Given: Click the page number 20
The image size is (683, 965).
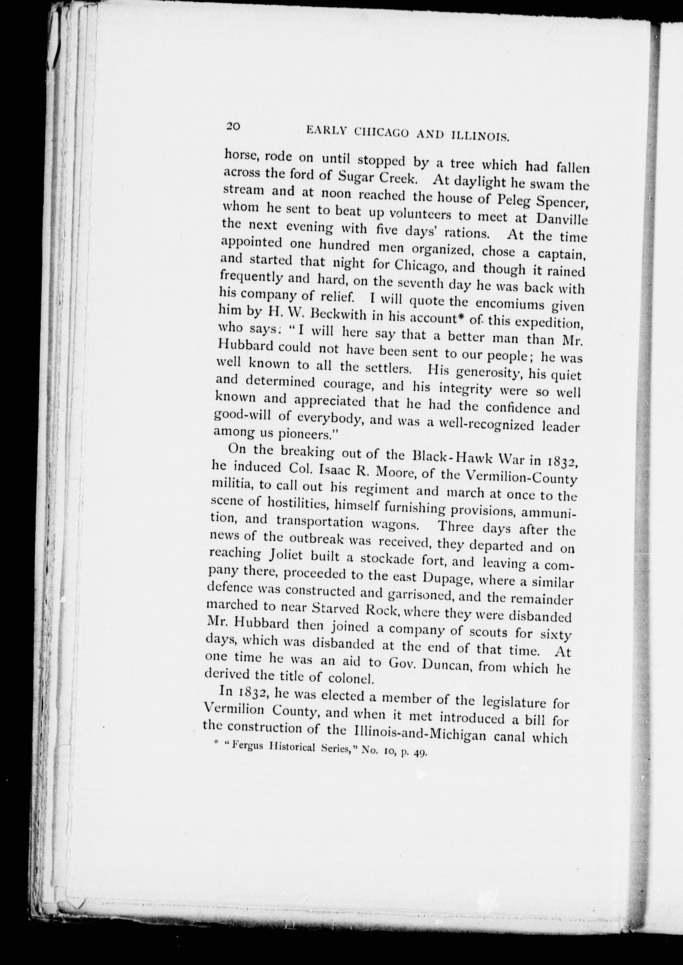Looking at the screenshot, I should (x=233, y=126).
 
